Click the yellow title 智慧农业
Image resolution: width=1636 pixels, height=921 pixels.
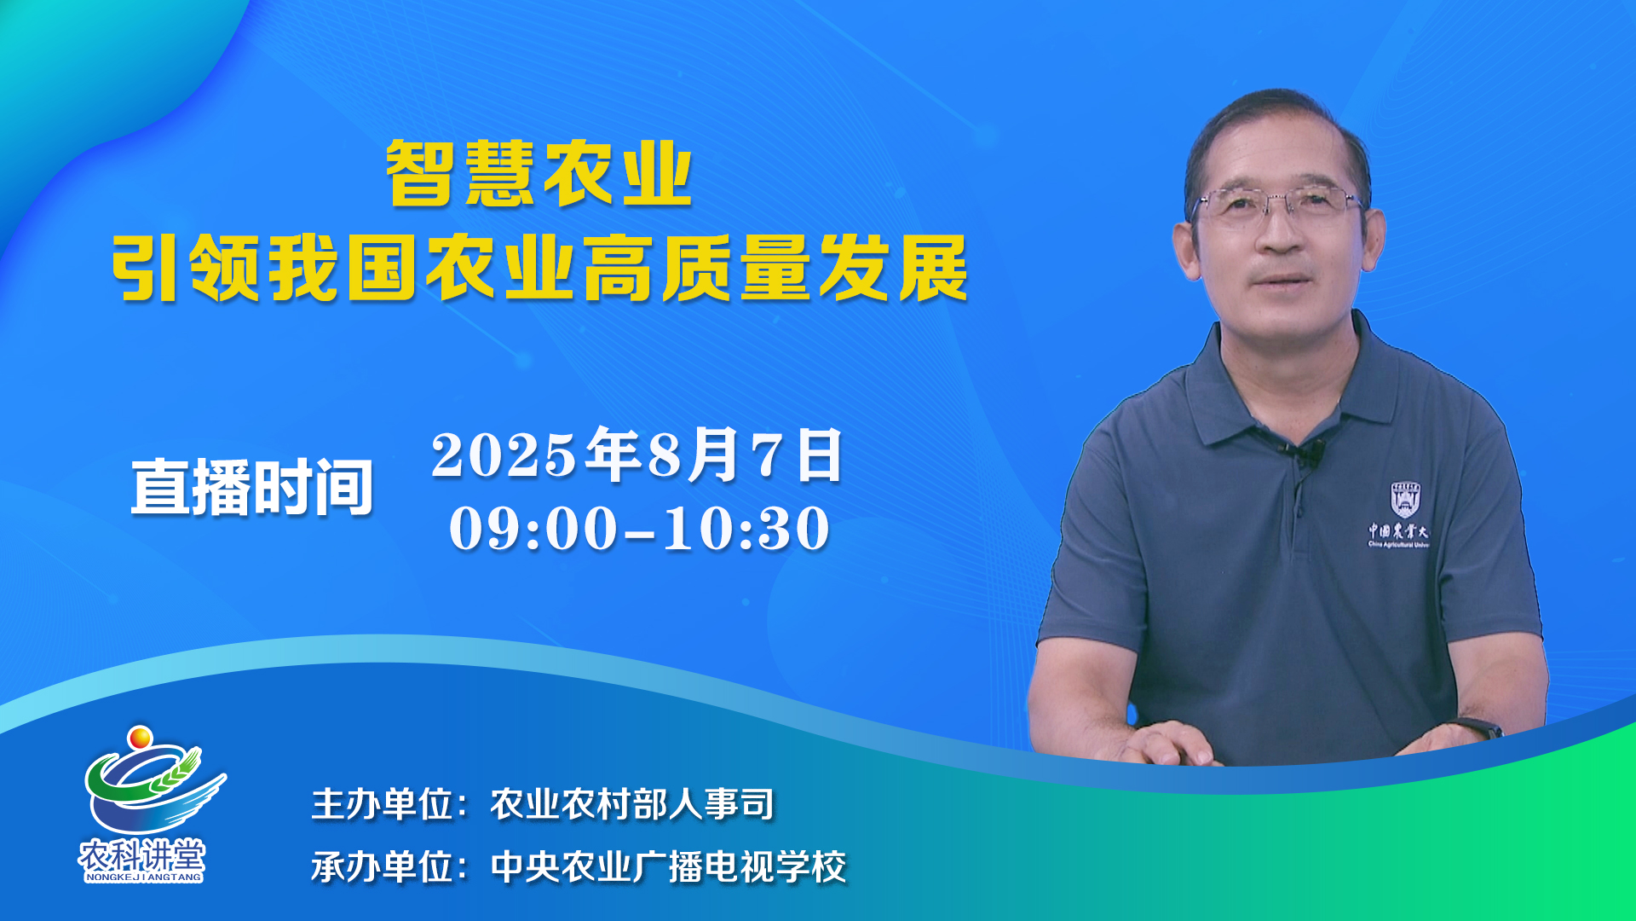[539, 173]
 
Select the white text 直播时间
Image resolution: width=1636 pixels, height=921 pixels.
[252, 487]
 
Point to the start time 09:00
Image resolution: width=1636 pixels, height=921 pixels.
[533, 529]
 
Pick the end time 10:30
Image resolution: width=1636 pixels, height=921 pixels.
[746, 529]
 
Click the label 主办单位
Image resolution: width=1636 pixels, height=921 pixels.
[382, 804]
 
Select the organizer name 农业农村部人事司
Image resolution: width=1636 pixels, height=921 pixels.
[632, 804]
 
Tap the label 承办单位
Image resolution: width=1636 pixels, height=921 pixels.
[382, 867]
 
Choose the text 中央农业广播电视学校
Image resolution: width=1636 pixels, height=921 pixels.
[669, 867]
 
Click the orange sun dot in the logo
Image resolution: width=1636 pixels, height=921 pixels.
[140, 737]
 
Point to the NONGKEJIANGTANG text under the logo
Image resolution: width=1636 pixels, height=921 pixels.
[143, 877]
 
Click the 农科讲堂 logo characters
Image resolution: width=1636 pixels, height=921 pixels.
[142, 855]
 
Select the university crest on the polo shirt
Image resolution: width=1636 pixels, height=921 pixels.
[1405, 500]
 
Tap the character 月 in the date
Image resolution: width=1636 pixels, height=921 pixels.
[714, 455]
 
